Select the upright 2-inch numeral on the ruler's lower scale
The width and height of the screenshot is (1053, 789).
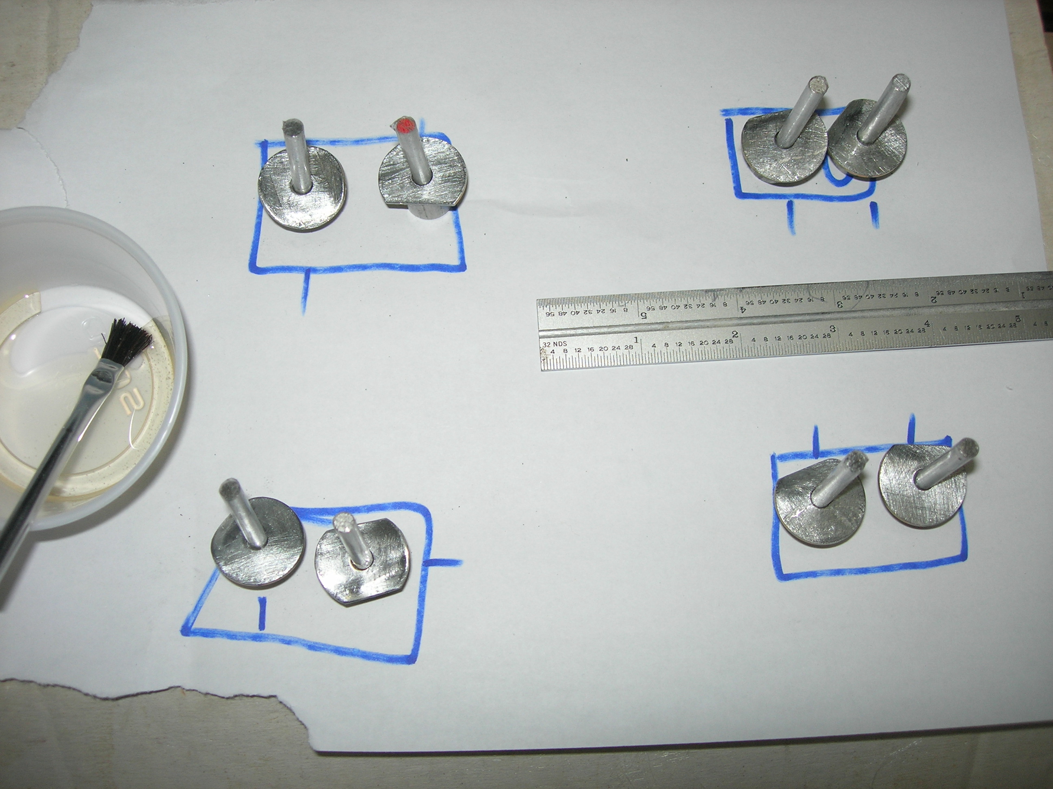(735, 334)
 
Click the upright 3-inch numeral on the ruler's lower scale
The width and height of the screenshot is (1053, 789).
(832, 329)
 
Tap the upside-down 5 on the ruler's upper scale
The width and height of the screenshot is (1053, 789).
(643, 315)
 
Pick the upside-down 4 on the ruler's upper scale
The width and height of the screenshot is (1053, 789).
(742, 310)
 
